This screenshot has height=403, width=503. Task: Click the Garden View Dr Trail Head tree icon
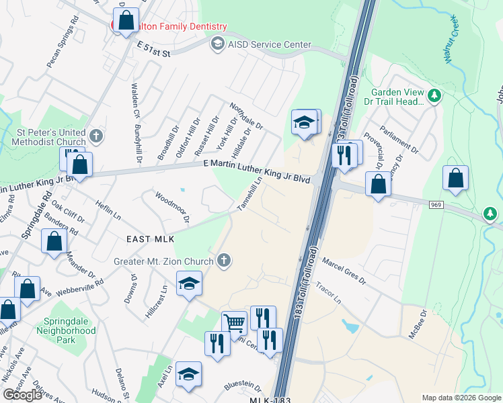click(x=434, y=95)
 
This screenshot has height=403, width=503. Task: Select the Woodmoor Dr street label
click(x=173, y=206)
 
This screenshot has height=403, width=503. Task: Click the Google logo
click(x=22, y=395)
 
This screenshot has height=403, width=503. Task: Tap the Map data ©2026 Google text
click(x=461, y=397)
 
